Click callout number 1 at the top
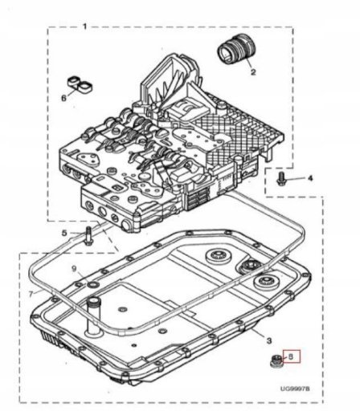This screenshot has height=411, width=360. [84, 26]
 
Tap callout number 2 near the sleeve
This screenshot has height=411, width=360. [253, 71]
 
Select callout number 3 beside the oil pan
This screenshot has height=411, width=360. [269, 340]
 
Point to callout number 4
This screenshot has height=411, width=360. [310, 178]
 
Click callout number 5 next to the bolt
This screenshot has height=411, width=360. [64, 233]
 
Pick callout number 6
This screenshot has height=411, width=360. [63, 98]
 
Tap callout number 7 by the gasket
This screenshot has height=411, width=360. [31, 294]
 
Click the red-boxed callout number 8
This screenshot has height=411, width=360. [291, 356]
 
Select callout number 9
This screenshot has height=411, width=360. [75, 269]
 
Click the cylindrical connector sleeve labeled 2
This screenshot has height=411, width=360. [236, 49]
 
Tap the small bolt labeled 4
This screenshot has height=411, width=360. [281, 178]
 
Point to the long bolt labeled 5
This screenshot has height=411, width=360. [88, 235]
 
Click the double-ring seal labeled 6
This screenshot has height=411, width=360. [80, 85]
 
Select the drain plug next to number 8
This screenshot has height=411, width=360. [276, 361]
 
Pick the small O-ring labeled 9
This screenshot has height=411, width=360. [93, 284]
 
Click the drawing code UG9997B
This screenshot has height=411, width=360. [295, 389]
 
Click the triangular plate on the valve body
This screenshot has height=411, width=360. [88, 159]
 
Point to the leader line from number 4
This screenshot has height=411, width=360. [295, 179]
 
